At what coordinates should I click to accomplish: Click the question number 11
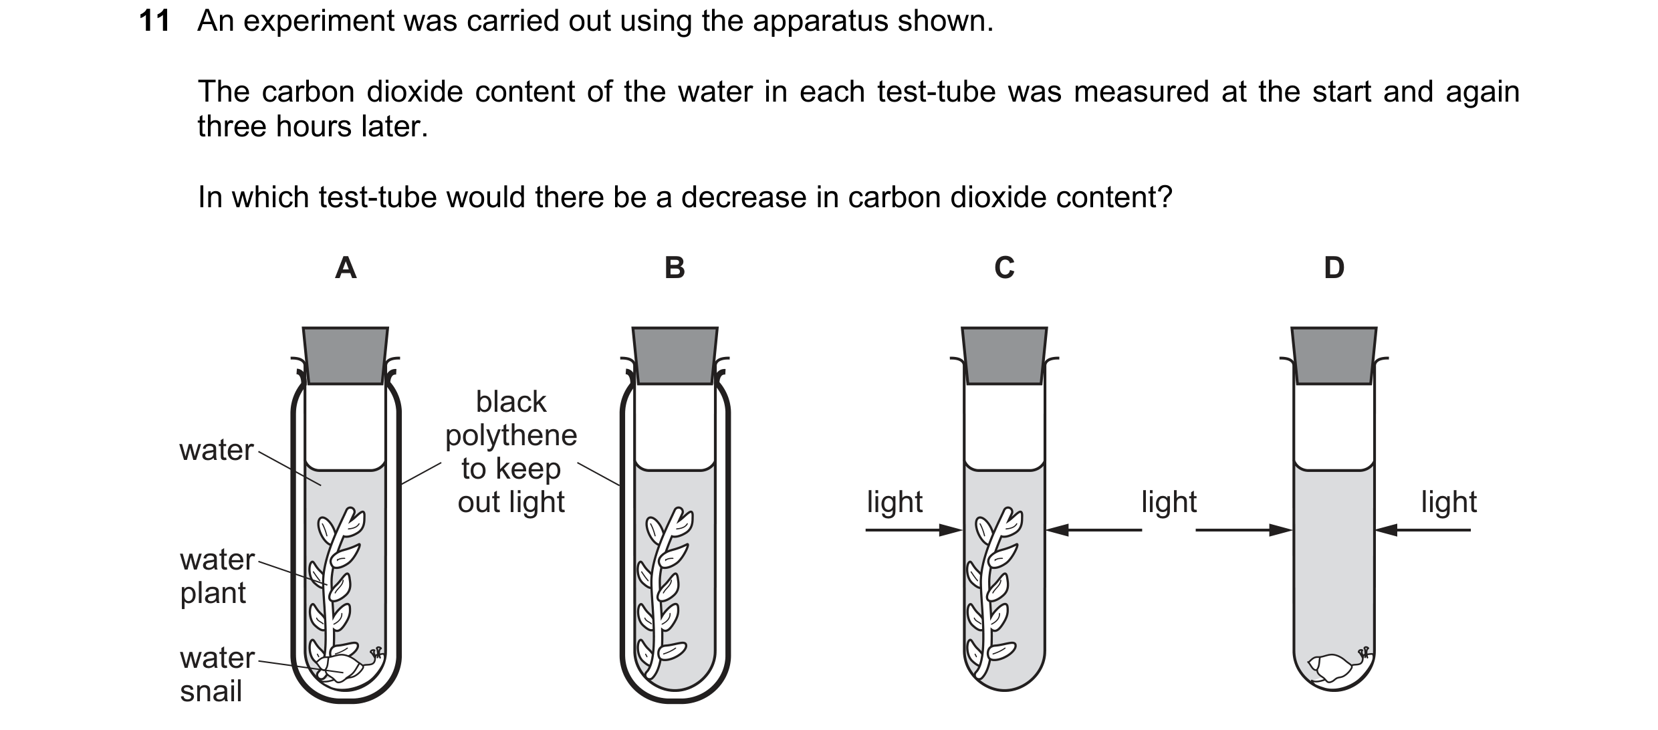(x=154, y=21)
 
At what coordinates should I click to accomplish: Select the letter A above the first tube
(x=346, y=268)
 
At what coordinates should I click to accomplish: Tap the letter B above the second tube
(x=675, y=268)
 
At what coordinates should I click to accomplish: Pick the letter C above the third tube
(x=1004, y=268)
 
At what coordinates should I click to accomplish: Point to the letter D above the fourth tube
(x=1334, y=268)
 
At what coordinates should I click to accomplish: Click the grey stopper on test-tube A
(x=346, y=356)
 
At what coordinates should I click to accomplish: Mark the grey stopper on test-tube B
(x=675, y=356)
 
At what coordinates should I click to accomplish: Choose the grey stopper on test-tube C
(x=1004, y=356)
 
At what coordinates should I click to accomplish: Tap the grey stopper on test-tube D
(x=1334, y=356)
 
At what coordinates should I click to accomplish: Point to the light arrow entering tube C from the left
(x=914, y=530)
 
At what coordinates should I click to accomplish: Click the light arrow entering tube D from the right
(x=1423, y=530)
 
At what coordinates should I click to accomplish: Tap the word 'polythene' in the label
(x=511, y=436)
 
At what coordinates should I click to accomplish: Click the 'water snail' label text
(x=217, y=675)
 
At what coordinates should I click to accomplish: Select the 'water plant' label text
(x=217, y=576)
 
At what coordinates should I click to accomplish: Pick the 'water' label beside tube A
(x=217, y=451)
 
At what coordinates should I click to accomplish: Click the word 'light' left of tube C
(x=895, y=501)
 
